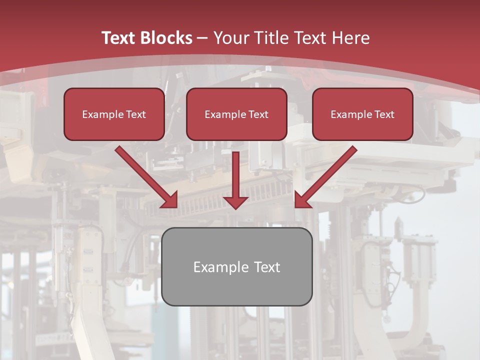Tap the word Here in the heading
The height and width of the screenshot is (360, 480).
(351, 38)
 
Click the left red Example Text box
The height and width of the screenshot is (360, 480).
(114, 114)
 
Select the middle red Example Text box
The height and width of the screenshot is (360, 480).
(236, 114)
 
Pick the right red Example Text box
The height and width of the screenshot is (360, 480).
(362, 114)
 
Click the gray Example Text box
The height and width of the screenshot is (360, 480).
(236, 266)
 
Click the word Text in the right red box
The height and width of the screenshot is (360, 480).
(384, 114)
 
